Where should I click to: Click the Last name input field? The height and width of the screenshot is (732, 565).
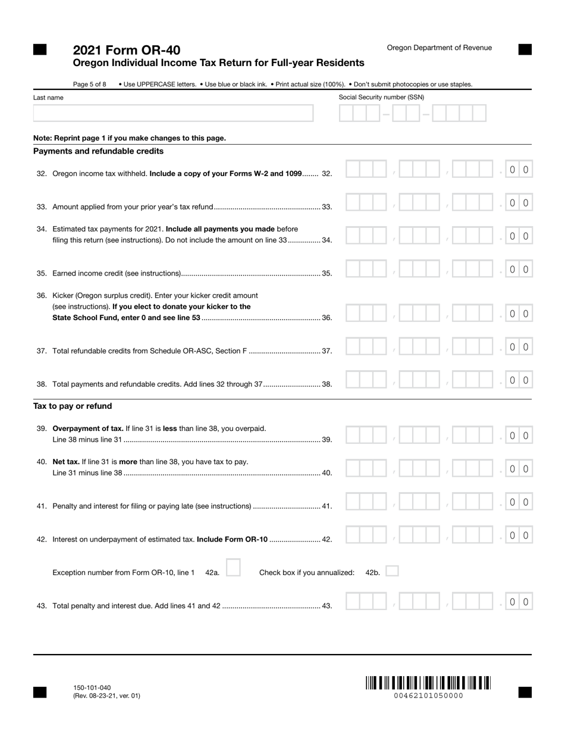(173, 113)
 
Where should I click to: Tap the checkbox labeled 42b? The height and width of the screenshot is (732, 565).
(392, 571)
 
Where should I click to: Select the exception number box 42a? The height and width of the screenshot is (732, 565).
(233, 568)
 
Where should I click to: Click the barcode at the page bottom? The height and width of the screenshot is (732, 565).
(428, 683)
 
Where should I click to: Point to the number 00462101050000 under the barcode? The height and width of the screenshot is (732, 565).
(428, 696)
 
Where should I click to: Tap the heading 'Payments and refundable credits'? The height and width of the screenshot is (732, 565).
(98, 151)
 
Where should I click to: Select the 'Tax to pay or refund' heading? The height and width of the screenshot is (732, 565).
(73, 406)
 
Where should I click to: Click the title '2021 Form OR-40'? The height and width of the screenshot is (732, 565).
(127, 50)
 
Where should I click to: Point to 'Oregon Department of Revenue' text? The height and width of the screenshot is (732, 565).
(440, 48)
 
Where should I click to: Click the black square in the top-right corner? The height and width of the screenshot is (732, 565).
(525, 49)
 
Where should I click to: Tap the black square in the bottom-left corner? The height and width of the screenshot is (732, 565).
(40, 692)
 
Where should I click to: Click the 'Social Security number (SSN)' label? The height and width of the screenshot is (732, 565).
(382, 97)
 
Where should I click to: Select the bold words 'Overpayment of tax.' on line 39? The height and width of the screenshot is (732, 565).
(88, 428)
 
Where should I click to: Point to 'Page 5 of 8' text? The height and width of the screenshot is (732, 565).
(90, 85)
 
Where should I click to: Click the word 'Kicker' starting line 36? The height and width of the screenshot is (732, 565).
(64, 295)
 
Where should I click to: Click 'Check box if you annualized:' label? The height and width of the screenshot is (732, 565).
(307, 573)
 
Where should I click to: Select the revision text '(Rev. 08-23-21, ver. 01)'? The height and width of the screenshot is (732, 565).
(107, 696)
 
